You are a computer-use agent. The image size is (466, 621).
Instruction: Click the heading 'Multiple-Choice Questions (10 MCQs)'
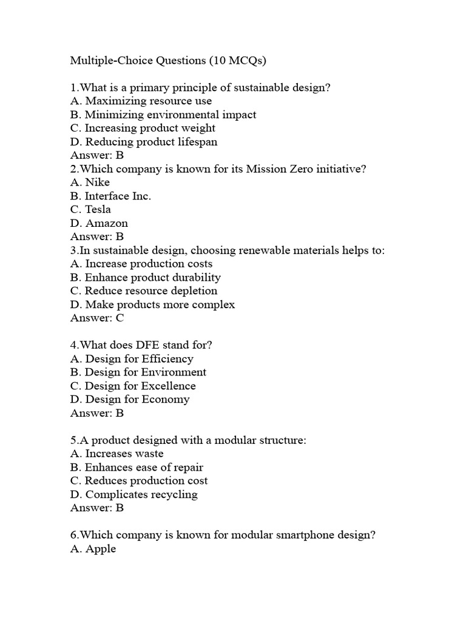168,61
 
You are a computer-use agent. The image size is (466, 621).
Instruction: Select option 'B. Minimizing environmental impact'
163,115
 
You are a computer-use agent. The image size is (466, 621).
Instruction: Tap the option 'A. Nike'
90,183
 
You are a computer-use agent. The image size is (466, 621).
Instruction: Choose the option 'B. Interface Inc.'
110,196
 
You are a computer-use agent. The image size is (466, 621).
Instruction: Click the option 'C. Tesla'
90,210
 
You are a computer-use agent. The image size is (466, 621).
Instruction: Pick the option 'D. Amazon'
99,223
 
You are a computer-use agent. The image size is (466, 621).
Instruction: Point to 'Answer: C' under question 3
97,318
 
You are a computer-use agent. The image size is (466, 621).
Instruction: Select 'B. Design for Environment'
138,372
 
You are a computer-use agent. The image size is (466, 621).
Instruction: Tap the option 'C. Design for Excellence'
133,386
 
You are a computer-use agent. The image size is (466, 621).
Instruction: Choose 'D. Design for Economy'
130,399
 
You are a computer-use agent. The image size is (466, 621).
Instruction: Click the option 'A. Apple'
93,549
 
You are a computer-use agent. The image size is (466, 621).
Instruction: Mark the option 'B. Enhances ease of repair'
137,467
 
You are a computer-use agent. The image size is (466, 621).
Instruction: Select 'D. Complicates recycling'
133,494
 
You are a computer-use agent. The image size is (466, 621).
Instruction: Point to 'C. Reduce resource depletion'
143,290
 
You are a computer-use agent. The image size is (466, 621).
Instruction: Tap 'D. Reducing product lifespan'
143,142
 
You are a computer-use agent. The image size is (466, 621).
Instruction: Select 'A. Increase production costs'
141,264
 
